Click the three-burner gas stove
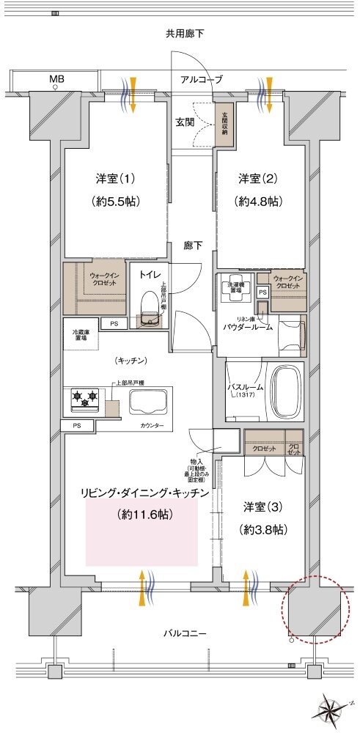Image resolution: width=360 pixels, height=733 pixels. coord(84,400)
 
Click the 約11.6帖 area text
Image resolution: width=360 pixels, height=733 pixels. coord(144,515)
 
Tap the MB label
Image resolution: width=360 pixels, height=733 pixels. coord(56,78)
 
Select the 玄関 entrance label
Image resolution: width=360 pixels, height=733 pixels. coord(184,122)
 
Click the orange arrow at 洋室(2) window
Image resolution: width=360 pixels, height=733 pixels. coord(270,95)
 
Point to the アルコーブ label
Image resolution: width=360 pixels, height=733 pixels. coord(202,79)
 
